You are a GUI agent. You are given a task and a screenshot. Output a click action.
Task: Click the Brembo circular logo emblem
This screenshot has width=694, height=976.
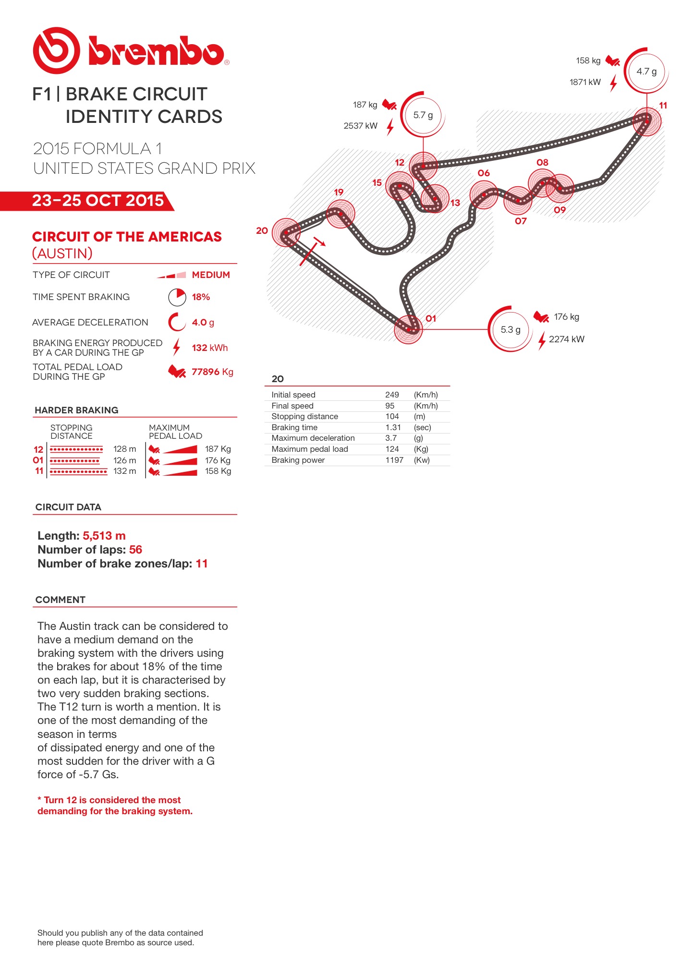point(56,50)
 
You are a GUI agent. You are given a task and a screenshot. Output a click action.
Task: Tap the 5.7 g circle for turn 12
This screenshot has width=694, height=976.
point(423,115)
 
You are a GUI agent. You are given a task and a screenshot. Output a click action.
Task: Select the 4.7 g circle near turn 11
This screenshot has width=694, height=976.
point(646,72)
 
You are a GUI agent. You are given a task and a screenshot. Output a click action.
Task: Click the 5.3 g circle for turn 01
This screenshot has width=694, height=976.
point(510,329)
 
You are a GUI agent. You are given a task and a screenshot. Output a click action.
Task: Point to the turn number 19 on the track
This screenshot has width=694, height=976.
point(339,192)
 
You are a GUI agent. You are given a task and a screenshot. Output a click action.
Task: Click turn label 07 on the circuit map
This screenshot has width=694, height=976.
point(521,221)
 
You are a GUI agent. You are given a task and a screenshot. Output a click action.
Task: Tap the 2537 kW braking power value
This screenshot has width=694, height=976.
point(360,126)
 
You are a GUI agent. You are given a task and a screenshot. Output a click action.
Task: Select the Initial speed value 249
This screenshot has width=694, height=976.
point(392,395)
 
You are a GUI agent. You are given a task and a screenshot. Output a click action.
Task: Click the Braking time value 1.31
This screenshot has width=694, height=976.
point(393,427)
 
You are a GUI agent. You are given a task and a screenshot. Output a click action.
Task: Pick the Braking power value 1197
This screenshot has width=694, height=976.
point(394,460)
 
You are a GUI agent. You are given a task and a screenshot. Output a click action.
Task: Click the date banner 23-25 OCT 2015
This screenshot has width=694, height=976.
point(98,201)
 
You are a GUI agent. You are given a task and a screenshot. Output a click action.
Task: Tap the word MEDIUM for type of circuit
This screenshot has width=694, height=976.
point(211,275)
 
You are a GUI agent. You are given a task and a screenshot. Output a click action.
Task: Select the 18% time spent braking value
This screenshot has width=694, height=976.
point(201,297)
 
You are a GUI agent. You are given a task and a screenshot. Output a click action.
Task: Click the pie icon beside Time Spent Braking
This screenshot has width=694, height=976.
point(177,297)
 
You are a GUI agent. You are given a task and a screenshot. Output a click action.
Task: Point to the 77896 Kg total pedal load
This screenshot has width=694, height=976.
point(212,372)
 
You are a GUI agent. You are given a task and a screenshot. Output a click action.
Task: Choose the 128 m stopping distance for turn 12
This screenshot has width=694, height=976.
point(124,449)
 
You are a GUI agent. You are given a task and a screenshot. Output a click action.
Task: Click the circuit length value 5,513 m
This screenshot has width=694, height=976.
point(104,536)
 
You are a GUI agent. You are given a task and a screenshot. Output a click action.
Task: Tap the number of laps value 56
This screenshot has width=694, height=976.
point(135,550)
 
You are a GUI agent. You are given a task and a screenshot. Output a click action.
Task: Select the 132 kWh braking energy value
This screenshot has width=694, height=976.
point(210,348)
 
